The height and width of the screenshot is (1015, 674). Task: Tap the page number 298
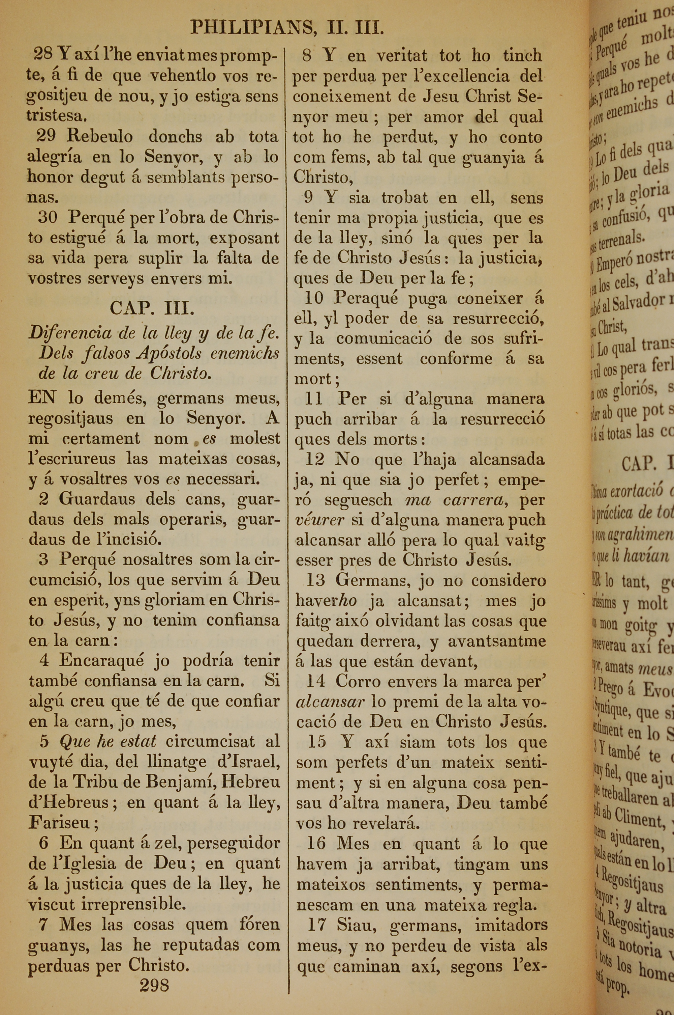click(x=154, y=985)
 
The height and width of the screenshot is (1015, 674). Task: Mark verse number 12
click(x=315, y=460)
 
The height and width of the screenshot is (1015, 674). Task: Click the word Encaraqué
click(x=101, y=660)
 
